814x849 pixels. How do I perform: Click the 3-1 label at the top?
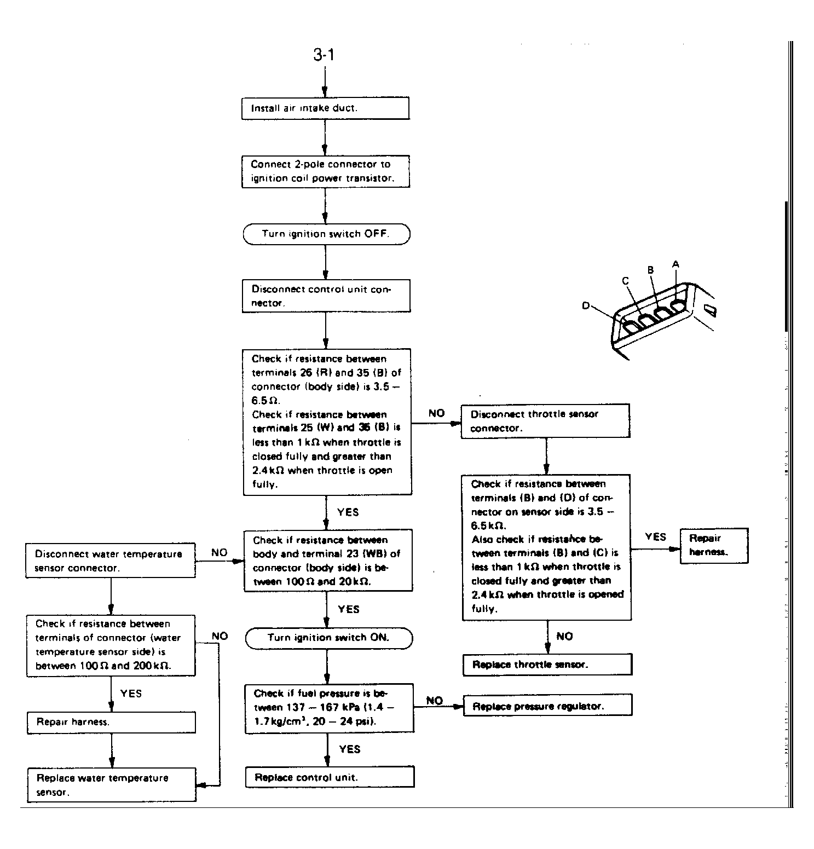pyautogui.click(x=324, y=55)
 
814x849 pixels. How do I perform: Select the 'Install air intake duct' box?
pyautogui.click(x=325, y=108)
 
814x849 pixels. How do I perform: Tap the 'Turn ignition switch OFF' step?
pyautogui.click(x=326, y=234)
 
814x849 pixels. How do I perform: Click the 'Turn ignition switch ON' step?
pyautogui.click(x=328, y=638)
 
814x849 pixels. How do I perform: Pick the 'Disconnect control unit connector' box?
pyautogui.click(x=326, y=296)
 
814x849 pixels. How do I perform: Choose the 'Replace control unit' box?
pyautogui.click(x=330, y=777)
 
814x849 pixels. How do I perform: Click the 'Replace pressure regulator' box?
pyautogui.click(x=547, y=705)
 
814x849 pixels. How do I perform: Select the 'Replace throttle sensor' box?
pyautogui.click(x=547, y=664)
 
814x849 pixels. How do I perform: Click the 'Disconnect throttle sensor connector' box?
pyautogui.click(x=545, y=421)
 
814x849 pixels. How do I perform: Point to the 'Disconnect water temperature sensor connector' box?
pyautogui.click(x=110, y=560)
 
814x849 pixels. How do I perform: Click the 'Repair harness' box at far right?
pyautogui.click(x=714, y=545)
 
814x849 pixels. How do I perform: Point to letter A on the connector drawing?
pyautogui.click(x=676, y=264)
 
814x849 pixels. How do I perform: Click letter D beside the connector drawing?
pyautogui.click(x=586, y=305)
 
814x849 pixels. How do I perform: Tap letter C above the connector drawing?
pyautogui.click(x=625, y=281)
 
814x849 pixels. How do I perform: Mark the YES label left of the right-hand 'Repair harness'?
pyautogui.click(x=655, y=536)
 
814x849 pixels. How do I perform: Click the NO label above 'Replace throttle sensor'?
pyautogui.click(x=564, y=636)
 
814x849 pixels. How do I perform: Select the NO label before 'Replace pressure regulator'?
pyautogui.click(x=434, y=701)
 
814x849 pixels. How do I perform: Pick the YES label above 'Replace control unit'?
pyautogui.click(x=349, y=749)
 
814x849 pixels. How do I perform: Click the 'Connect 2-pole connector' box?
pyautogui.click(x=326, y=171)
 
